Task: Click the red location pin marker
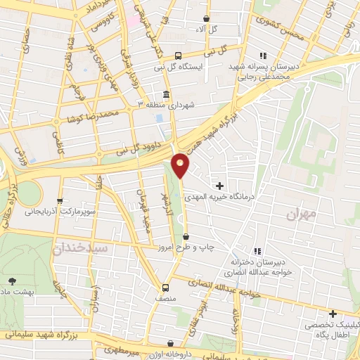181,165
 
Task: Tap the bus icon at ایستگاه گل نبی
178,55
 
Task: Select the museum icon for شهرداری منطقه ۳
166,94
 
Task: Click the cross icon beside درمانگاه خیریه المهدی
221,186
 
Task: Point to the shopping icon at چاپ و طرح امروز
186,237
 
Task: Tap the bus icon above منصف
166,287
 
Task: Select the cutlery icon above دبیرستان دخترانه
257,251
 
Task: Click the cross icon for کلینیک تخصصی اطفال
333,314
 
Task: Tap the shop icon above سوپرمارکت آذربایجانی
60,200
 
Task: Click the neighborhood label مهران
304,212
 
